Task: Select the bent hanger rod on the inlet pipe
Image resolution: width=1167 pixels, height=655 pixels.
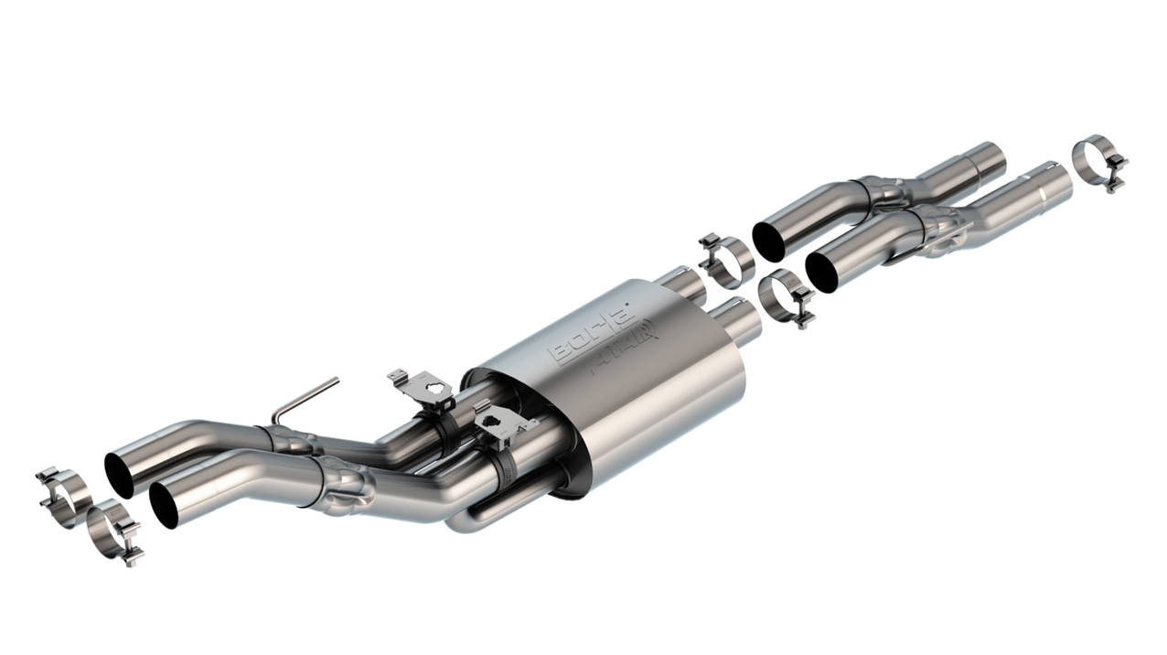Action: [x=305, y=400]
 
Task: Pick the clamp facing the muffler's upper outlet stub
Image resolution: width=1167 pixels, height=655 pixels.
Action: [x=726, y=260]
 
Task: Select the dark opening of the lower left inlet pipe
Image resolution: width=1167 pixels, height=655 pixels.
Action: [x=165, y=505]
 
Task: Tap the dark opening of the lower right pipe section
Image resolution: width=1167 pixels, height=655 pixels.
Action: [x=822, y=272]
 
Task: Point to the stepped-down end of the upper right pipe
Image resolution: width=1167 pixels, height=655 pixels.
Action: [x=988, y=160]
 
